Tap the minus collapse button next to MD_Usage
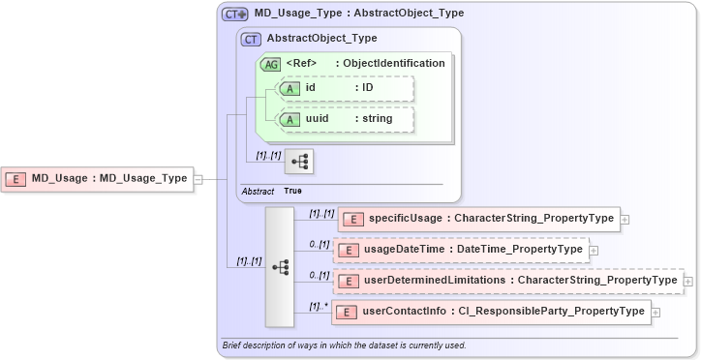[x=198, y=178]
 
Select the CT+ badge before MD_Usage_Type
[x=235, y=15]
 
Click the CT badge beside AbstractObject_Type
[x=251, y=39]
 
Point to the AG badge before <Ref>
[x=270, y=63]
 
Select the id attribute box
[x=346, y=88]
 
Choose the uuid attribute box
[x=346, y=118]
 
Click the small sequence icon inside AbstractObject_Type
[x=297, y=160]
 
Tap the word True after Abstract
[x=292, y=192]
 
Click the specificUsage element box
[x=477, y=219]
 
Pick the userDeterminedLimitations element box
[x=507, y=280]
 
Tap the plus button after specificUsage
[x=625, y=220]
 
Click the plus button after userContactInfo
[x=655, y=312]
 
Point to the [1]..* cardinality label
[x=318, y=305]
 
